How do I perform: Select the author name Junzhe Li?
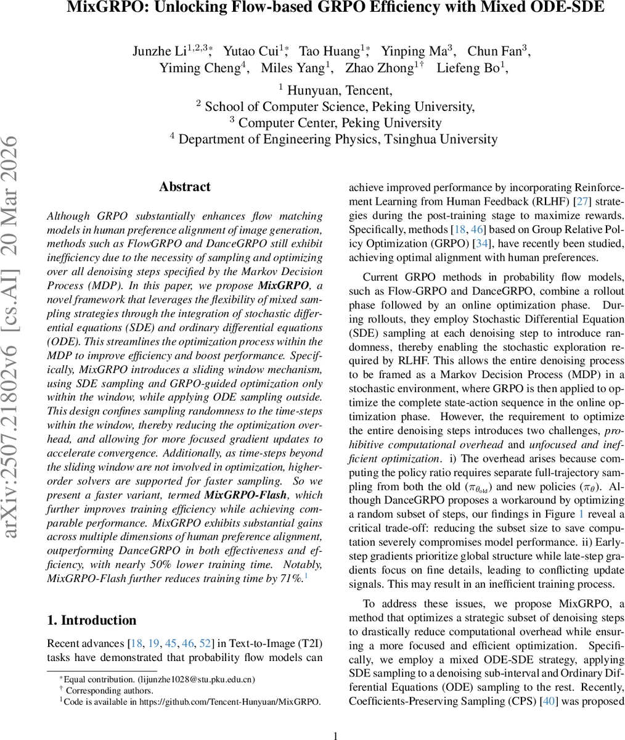(x=159, y=51)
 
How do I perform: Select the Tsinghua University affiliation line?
(x=338, y=139)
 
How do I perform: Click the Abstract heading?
(x=184, y=187)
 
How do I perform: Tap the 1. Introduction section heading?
(x=92, y=620)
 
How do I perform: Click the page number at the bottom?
(x=336, y=735)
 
